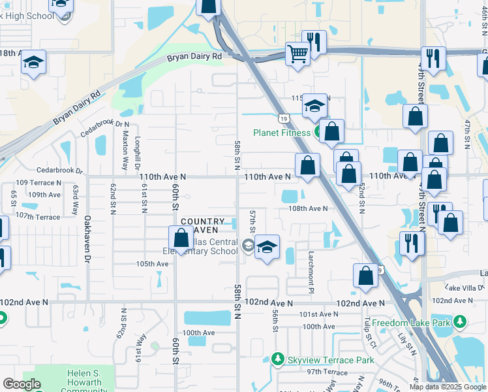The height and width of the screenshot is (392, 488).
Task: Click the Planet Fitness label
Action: (282, 133)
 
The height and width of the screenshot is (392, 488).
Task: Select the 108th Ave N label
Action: (309, 209)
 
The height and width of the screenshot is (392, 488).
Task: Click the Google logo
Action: (22, 384)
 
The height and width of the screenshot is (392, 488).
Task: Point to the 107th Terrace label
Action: (38, 216)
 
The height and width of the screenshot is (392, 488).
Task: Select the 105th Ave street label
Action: (152, 264)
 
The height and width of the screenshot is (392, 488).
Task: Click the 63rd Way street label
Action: (76, 200)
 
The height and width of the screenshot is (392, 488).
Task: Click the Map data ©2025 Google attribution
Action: (448, 387)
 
